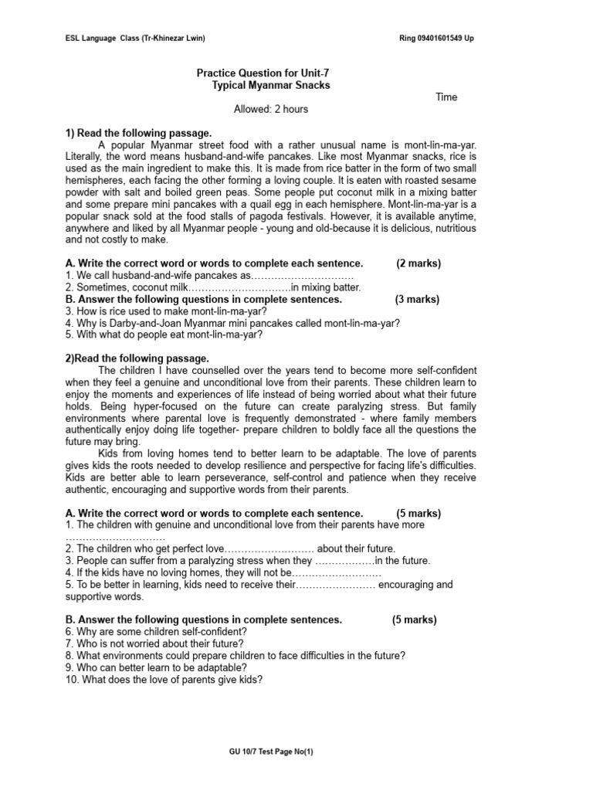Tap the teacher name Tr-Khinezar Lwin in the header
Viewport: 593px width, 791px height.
point(174,38)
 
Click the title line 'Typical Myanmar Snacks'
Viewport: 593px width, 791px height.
point(270,85)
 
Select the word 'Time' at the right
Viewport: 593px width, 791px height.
point(446,97)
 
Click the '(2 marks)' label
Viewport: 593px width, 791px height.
point(418,263)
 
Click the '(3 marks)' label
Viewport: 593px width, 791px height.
point(418,299)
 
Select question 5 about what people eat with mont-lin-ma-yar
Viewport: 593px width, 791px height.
point(164,334)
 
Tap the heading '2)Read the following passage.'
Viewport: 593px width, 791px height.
point(137,358)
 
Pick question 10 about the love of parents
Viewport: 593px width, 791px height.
point(164,680)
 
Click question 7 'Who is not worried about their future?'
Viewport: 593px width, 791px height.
point(154,643)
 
